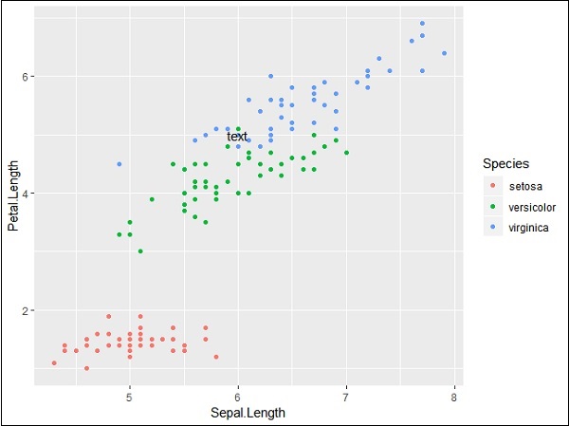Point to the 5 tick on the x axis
[x=129, y=396]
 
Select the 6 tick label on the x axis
[x=238, y=396]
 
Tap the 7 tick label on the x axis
[x=346, y=396]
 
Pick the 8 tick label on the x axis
[x=455, y=396]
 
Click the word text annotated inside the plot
[x=237, y=137]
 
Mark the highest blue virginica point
[x=422, y=24]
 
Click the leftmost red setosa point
[x=54, y=362]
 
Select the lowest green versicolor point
[x=140, y=251]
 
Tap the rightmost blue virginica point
[x=444, y=53]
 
